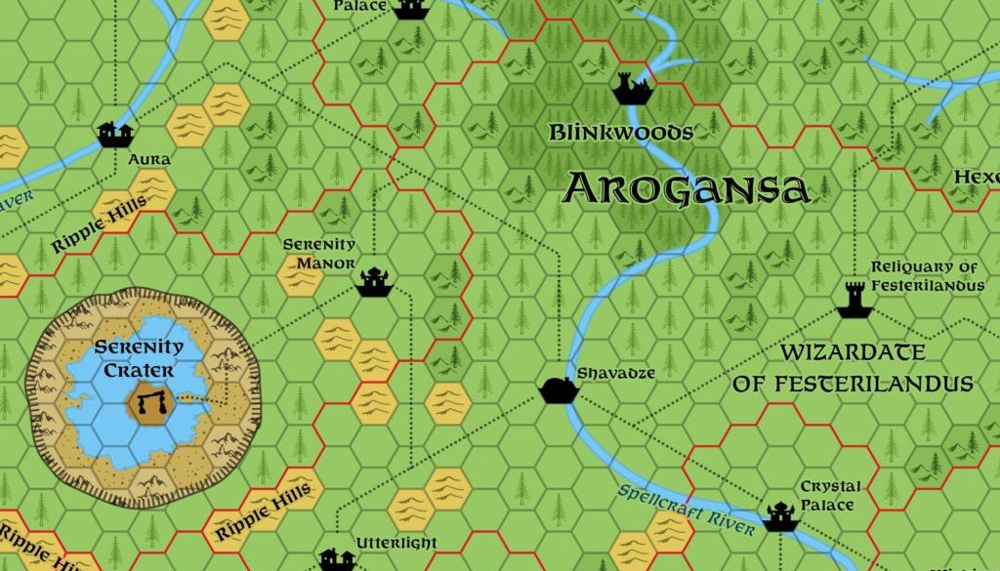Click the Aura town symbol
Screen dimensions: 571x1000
(x=115, y=133)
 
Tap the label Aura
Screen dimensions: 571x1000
(x=149, y=159)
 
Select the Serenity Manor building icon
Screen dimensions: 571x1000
(x=373, y=281)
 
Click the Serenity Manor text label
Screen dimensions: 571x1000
(x=319, y=253)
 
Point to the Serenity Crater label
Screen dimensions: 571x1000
(x=139, y=358)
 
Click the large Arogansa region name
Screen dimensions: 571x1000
(x=687, y=187)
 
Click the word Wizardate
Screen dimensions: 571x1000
(x=853, y=352)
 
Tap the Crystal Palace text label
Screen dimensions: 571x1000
(x=831, y=495)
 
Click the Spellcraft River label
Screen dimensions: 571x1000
(x=686, y=510)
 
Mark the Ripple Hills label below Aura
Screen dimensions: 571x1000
(x=101, y=224)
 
